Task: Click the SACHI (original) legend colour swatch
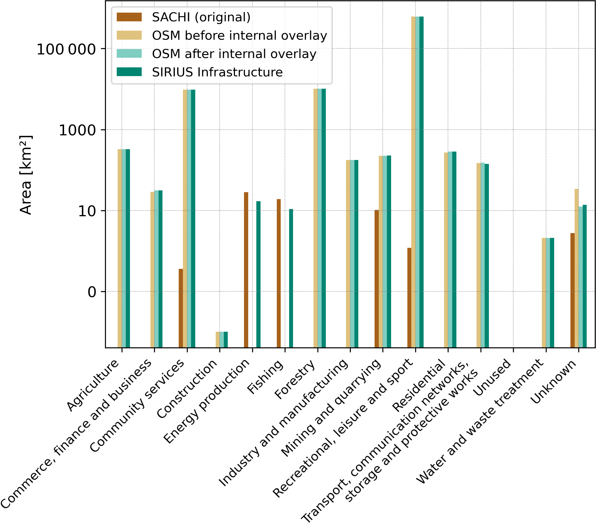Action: coord(129,17)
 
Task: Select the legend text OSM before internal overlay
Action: coord(239,35)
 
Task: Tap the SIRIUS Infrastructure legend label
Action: coord(217,72)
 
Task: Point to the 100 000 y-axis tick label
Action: coord(66,49)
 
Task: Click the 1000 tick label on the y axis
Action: coord(77,131)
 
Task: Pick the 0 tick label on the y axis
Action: coord(92,292)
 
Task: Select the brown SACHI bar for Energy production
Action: coord(246,270)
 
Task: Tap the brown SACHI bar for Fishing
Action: coord(279,273)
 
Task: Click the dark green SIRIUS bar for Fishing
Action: coord(291,278)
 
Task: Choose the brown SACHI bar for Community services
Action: coord(181,308)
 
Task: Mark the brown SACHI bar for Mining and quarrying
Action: coord(376,278)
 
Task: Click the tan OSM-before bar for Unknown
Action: coord(576,268)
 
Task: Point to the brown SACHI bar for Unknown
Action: coord(572,290)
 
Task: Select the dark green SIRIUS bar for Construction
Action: coord(226,340)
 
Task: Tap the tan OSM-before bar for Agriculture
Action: coord(119,248)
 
